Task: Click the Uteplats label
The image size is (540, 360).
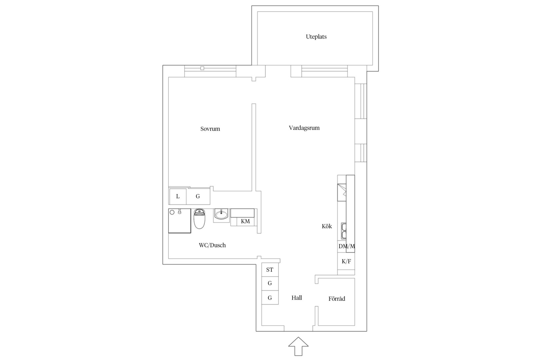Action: point(316,37)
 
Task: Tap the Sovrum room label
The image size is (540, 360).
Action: point(210,129)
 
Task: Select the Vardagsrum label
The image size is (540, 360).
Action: point(304,128)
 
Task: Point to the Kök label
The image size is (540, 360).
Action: point(327,226)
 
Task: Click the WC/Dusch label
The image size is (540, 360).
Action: point(212,245)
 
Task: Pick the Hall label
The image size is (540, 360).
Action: point(297,298)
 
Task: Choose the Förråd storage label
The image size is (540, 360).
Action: point(337,299)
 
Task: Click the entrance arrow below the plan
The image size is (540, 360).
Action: point(298,346)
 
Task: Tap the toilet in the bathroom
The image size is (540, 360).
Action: point(199,219)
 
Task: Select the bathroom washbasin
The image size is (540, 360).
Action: point(221,214)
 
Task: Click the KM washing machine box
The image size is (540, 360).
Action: point(245,221)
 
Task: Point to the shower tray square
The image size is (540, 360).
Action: point(180,221)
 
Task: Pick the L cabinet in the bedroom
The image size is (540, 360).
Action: point(178,197)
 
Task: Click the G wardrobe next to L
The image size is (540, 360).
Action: point(198,197)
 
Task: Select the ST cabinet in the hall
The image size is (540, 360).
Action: point(270,270)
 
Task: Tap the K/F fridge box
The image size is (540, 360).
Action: point(346,261)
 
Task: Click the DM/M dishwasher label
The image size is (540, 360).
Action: point(347,246)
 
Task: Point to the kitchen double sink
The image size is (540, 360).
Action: point(344,231)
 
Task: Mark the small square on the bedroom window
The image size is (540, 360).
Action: point(202,68)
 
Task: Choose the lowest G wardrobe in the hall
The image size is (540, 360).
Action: point(270,298)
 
